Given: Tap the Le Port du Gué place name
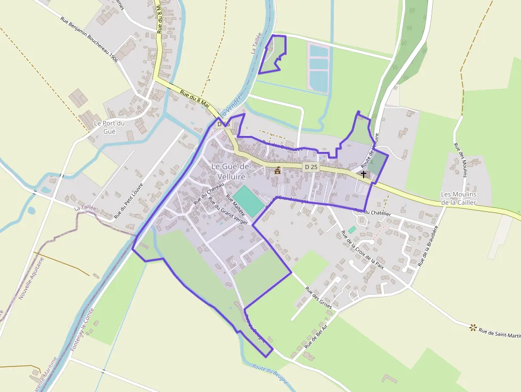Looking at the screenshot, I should click(x=109, y=127).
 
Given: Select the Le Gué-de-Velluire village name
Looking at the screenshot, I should click(x=228, y=171).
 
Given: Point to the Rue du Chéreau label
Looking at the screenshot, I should click(x=209, y=193).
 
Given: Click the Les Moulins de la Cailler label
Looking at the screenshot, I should click(x=459, y=198).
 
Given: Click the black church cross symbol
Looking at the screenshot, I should click(x=364, y=174).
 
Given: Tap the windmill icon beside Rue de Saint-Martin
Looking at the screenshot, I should click(x=473, y=328).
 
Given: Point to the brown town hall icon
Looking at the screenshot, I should click(x=277, y=170).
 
